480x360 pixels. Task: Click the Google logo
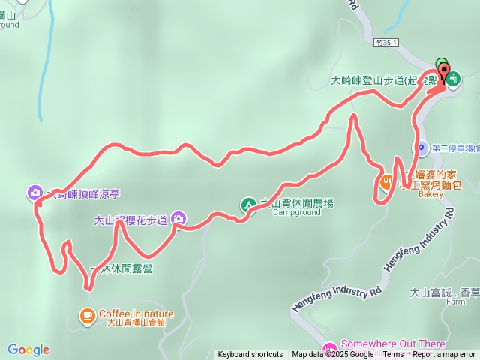(28, 349)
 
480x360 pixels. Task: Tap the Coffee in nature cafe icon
(88, 315)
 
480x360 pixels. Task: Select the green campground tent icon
(248, 205)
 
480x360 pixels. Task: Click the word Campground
(295, 213)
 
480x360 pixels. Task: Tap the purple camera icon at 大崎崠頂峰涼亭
(35, 193)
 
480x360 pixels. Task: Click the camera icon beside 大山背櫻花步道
(178, 219)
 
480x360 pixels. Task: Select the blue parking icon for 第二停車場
(421, 148)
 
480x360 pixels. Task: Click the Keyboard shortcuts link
(250, 355)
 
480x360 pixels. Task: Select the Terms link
(393, 355)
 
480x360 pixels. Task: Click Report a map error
(444, 355)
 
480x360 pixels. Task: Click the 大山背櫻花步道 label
(130, 221)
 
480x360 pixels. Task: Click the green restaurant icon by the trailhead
(453, 78)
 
